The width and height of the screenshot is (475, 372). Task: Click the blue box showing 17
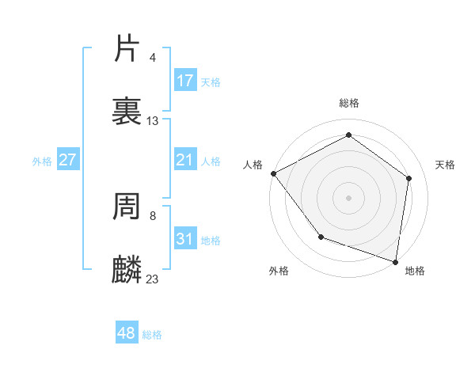(185, 81)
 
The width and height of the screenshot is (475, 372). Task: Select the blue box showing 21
(185, 161)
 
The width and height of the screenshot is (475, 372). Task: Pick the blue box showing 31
(185, 239)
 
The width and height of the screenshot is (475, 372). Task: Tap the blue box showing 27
(68, 161)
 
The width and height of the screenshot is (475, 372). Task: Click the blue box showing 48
(127, 333)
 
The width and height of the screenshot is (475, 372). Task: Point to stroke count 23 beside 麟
(153, 279)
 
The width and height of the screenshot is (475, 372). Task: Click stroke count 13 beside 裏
(153, 121)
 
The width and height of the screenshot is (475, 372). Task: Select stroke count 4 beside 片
(152, 58)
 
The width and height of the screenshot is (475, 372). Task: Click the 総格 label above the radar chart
(348, 103)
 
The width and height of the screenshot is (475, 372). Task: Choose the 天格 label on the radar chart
(446, 165)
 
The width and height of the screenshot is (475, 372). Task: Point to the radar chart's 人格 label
(253, 165)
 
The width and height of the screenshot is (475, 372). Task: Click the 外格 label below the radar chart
(279, 271)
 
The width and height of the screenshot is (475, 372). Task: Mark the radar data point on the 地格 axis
(395, 261)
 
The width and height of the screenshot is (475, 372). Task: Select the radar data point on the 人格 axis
(273, 173)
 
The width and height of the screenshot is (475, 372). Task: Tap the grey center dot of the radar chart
(348, 197)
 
